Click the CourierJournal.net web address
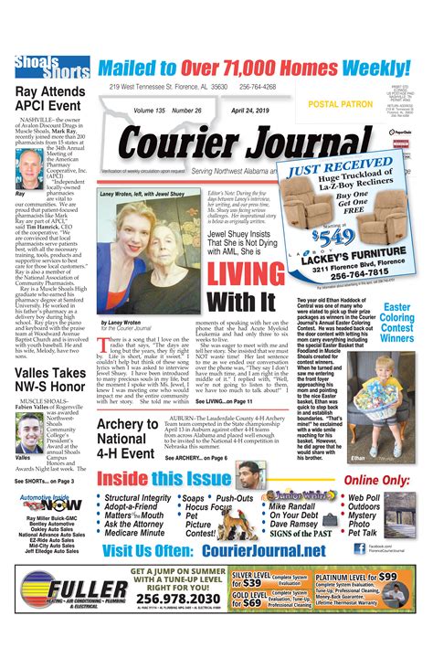pyautogui.click(x=253, y=549)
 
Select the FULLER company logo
pyautogui.click(x=69, y=589)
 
